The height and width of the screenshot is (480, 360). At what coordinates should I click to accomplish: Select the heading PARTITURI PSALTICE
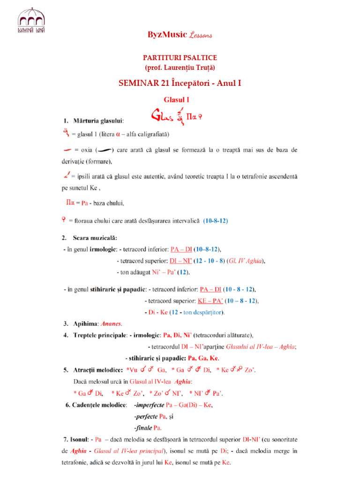pyautogui.click(x=180, y=58)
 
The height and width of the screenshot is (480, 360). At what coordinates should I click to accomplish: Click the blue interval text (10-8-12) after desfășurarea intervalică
pyautogui.click(x=216, y=220)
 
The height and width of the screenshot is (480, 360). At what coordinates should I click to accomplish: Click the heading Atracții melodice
pyautogui.click(x=98, y=370)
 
